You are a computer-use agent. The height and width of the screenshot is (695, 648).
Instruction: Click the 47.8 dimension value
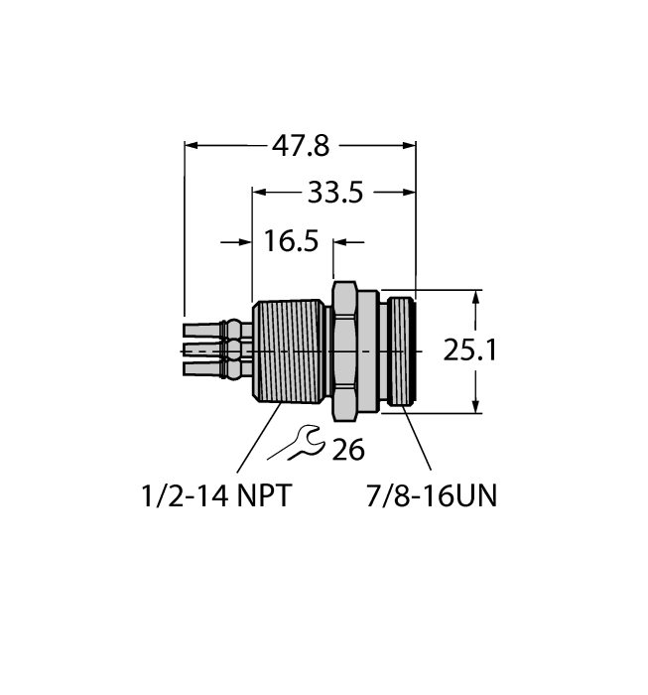[x=301, y=147]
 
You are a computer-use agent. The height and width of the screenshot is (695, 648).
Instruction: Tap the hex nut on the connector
[x=343, y=349]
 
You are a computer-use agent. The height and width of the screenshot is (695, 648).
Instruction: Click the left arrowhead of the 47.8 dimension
[x=193, y=147]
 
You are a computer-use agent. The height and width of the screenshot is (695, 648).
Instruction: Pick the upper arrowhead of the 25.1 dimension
[x=478, y=296]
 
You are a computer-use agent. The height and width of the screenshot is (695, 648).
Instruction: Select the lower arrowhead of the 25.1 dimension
[x=478, y=405]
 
